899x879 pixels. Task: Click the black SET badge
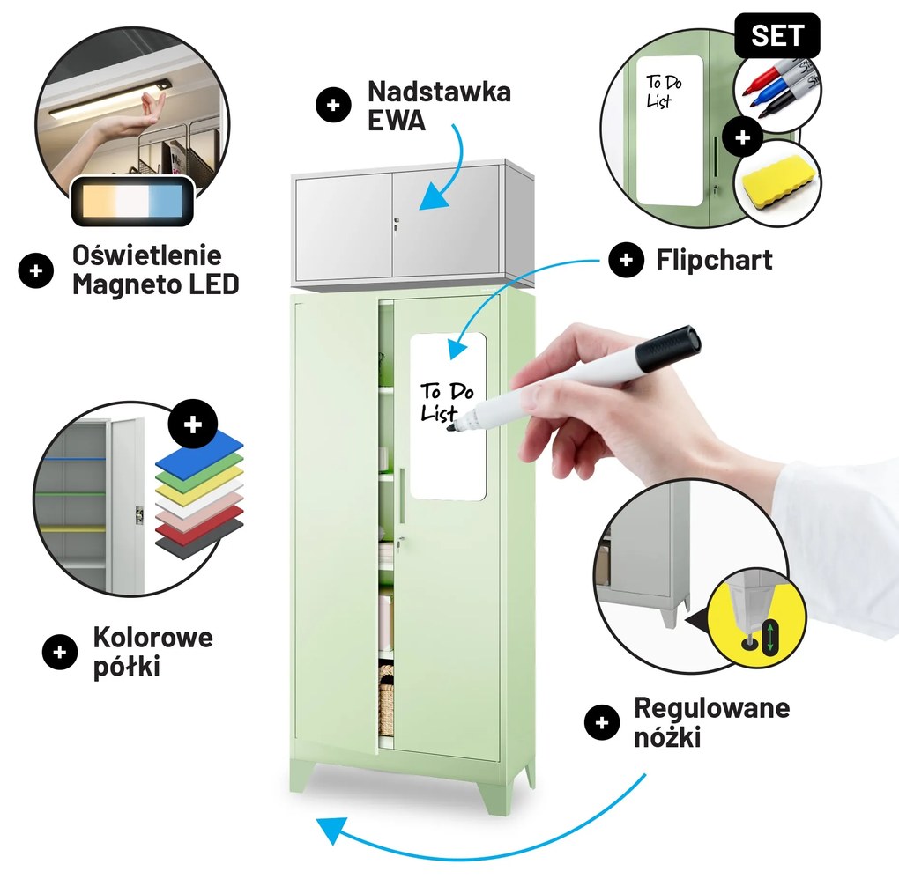point(777,36)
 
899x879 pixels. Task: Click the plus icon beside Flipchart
point(626,260)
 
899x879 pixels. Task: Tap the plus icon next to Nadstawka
point(333,106)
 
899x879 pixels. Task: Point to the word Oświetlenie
point(147,256)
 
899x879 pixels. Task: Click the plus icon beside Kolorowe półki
point(60,652)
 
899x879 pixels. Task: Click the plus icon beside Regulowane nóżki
point(601,723)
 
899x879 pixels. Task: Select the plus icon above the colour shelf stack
point(193,424)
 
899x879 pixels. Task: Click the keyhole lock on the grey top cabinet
point(397,225)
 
